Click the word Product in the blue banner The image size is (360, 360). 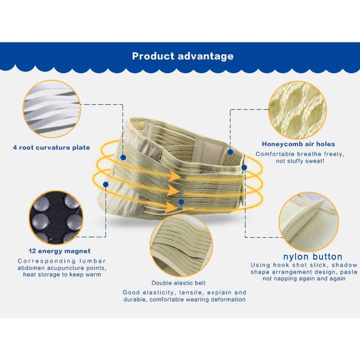tap(153, 56)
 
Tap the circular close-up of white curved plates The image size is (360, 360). tap(52, 109)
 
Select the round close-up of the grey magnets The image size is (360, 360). tap(56, 217)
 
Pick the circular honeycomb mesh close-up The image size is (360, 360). tap(297, 110)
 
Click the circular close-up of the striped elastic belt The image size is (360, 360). tap(181, 245)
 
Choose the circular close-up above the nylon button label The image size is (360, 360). tap(309, 222)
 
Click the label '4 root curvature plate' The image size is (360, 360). tap(51, 147)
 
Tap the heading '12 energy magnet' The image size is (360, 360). tap(60, 251)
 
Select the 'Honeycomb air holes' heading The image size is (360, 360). tap(298, 144)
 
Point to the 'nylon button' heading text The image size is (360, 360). tap(312, 256)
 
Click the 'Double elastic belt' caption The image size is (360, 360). tap(179, 283)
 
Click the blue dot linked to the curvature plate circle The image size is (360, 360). tap(123, 157)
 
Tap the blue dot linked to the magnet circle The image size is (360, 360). tap(106, 184)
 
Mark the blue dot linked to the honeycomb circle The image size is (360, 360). tap(230, 152)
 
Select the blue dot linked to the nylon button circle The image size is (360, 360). tap(244, 168)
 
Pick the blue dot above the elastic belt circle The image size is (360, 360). tap(181, 202)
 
